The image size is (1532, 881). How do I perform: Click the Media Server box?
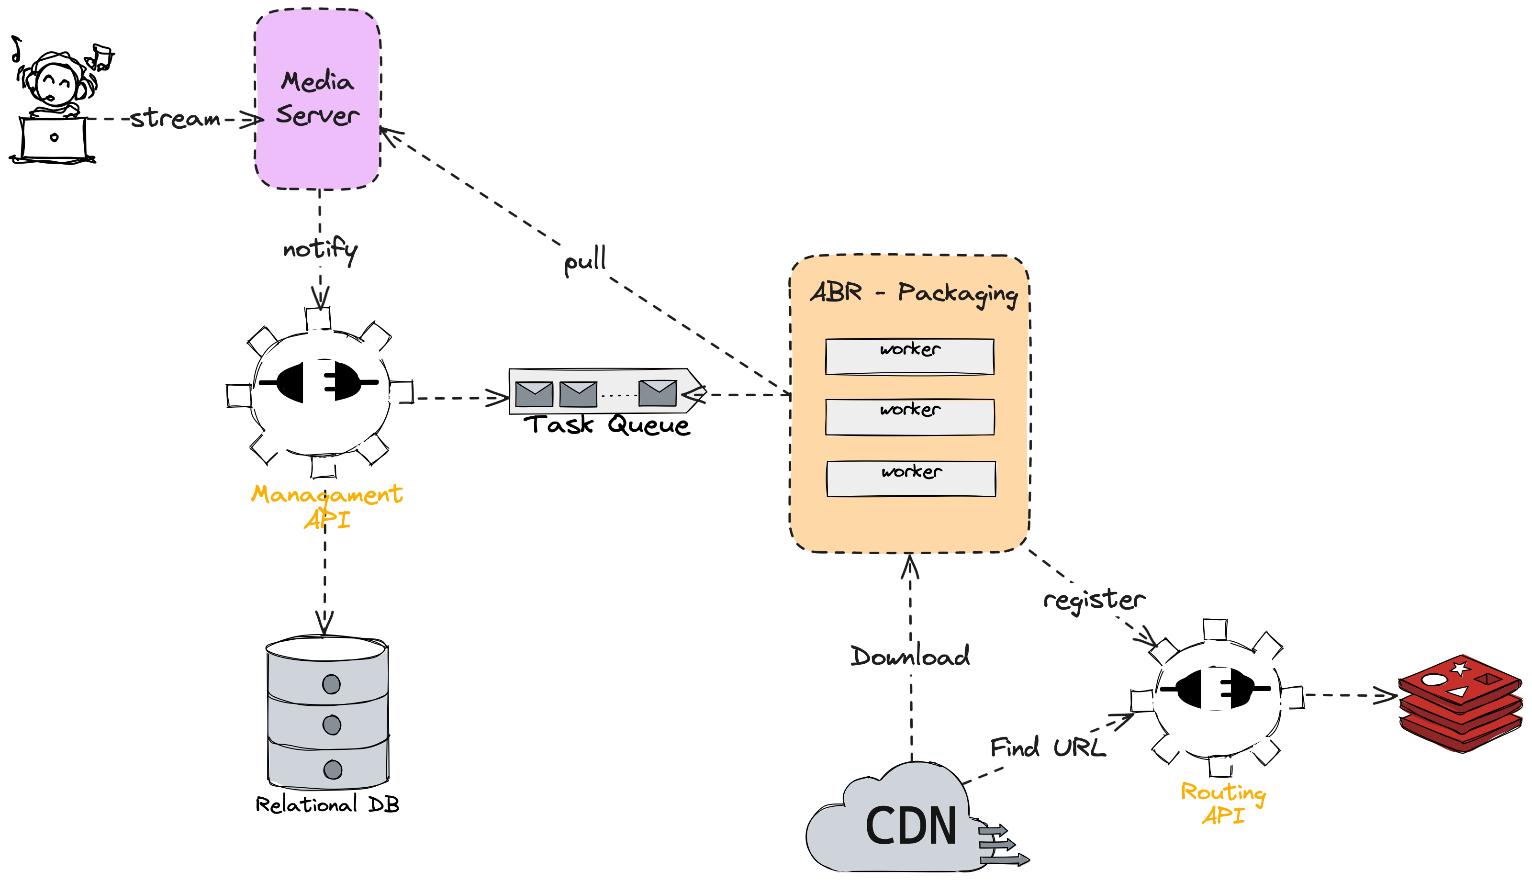[x=318, y=99]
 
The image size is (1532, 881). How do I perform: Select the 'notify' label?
[x=321, y=250]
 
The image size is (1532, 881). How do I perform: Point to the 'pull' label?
[x=585, y=260]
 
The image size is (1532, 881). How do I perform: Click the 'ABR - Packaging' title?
[x=914, y=295]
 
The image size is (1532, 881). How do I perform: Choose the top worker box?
[x=909, y=357]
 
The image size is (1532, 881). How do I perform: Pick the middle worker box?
[x=909, y=417]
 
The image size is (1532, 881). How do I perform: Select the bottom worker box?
[x=911, y=479]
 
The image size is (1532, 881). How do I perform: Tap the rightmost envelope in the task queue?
[x=658, y=393]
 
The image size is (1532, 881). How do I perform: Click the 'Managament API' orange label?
[x=327, y=506]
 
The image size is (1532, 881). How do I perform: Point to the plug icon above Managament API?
[x=319, y=382]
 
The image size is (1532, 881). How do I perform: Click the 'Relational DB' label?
[x=327, y=804]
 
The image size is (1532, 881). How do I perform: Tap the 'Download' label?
[x=910, y=656]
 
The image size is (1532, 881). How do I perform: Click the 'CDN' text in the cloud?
[x=911, y=826]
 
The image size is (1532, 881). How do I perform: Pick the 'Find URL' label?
[x=1048, y=747]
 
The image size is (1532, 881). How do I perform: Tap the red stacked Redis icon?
[x=1461, y=704]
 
